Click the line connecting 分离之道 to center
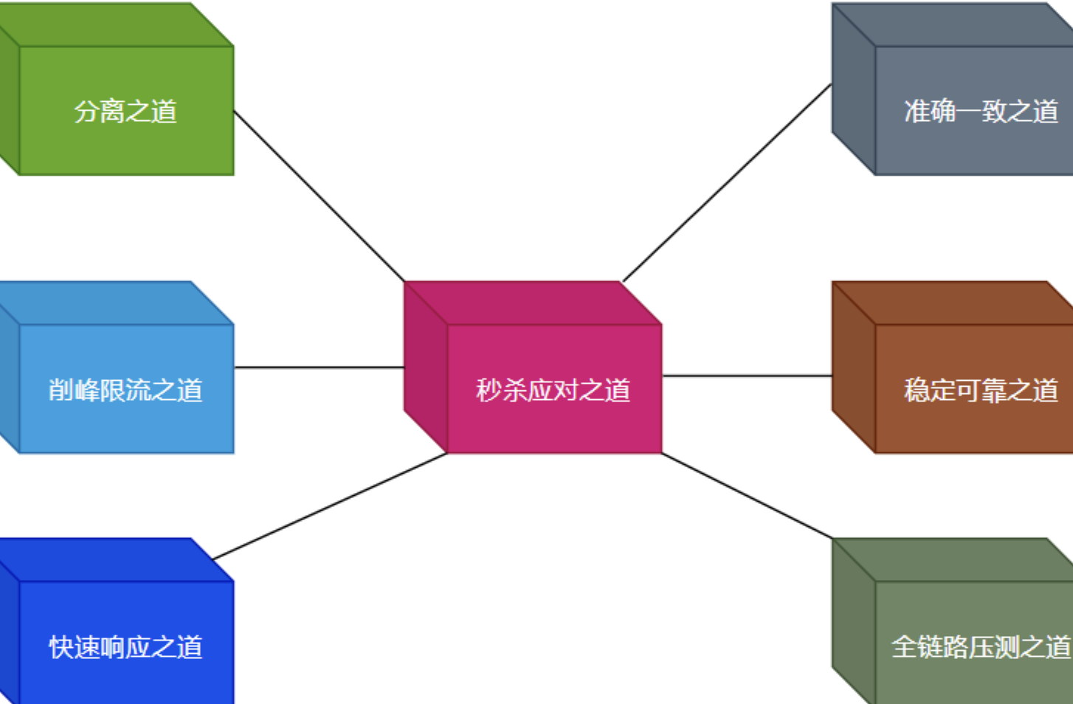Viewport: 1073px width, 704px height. [x=319, y=196]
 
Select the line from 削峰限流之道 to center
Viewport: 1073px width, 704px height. [x=319, y=367]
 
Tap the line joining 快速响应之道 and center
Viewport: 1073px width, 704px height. [x=330, y=506]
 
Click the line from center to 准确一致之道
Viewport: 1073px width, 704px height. [x=727, y=183]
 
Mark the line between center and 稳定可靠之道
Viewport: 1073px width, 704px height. [x=747, y=376]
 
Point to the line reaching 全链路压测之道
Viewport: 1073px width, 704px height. [x=747, y=495]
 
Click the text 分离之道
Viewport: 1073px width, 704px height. [x=125, y=111]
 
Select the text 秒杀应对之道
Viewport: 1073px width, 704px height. [x=553, y=390]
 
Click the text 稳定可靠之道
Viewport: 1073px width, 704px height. [x=981, y=390]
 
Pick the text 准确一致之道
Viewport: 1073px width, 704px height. [x=981, y=111]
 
